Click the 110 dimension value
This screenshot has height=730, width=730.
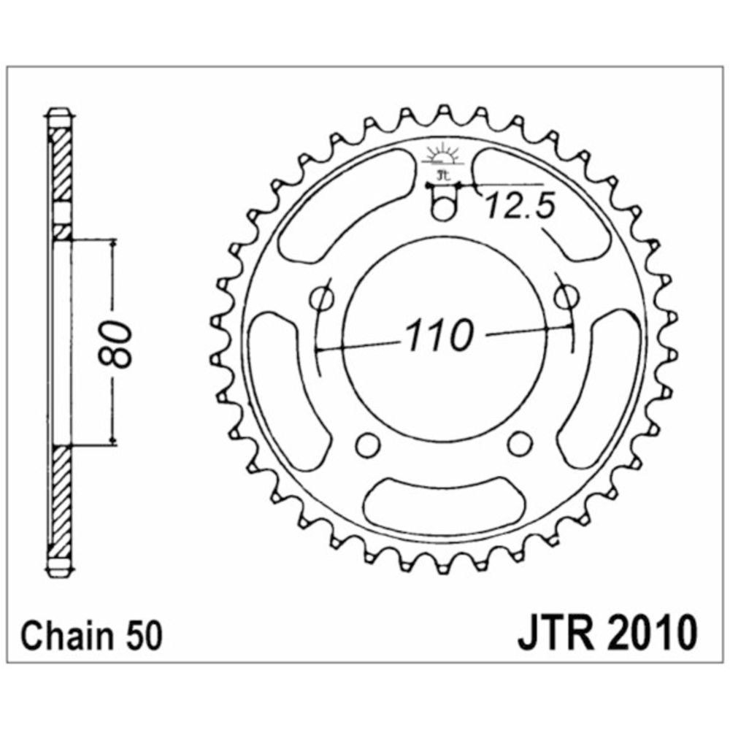pyautogui.click(x=439, y=335)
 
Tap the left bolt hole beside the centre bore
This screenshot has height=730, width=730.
pyautogui.click(x=322, y=298)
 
